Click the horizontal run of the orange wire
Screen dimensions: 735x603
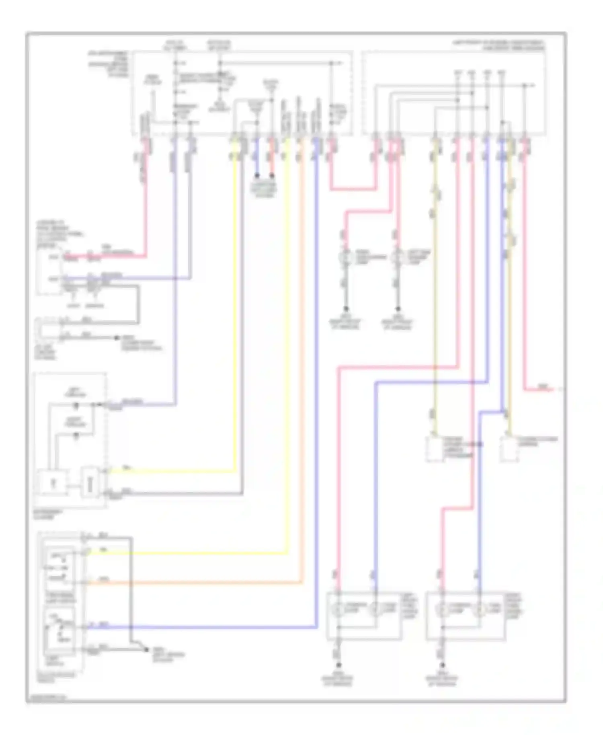click(x=193, y=583)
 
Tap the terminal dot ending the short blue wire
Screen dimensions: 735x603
click(x=257, y=176)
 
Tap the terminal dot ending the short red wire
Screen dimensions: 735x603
click(x=272, y=176)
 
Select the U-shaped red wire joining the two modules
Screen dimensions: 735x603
click(x=354, y=189)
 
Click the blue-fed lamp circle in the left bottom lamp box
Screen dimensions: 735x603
click(x=375, y=610)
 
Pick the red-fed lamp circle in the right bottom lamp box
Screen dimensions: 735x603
click(x=442, y=610)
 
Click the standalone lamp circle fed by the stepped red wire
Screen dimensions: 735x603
click(x=345, y=257)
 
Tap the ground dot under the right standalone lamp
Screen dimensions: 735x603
click(x=398, y=309)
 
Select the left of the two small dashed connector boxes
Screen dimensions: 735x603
click(x=434, y=450)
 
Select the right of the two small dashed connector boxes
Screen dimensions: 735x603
click(x=509, y=450)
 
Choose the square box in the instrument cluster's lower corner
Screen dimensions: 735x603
click(x=52, y=482)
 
